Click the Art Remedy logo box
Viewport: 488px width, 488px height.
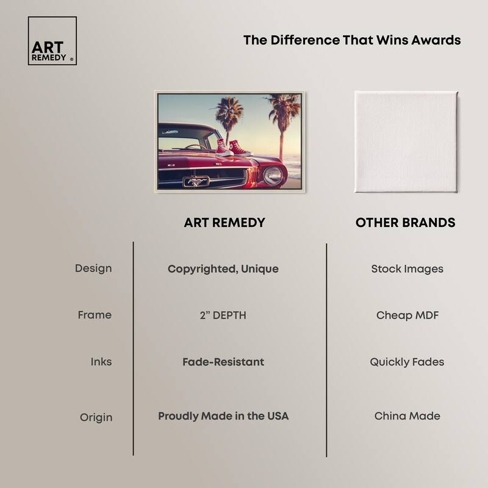click(52, 41)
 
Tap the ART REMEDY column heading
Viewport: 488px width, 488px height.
click(224, 223)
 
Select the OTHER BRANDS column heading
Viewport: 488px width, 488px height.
click(405, 223)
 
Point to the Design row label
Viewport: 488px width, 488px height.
click(93, 268)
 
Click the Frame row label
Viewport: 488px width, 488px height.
click(95, 315)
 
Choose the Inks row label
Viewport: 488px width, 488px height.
click(101, 362)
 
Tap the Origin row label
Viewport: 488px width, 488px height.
click(96, 417)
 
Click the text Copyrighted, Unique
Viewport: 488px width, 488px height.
click(223, 269)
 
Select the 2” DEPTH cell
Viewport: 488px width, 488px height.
click(223, 315)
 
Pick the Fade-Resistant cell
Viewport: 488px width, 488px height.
click(223, 362)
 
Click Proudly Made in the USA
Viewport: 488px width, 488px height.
click(223, 416)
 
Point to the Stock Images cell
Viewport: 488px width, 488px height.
click(407, 269)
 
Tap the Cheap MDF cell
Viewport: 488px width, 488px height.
click(407, 315)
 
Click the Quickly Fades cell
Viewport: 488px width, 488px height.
click(407, 362)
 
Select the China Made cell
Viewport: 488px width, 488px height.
click(407, 416)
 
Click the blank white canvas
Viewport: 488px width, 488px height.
click(406, 142)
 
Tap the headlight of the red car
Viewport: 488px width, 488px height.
click(273, 175)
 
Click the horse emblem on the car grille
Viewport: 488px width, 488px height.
click(196, 181)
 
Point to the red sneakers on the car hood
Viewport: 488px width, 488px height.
click(234, 148)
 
